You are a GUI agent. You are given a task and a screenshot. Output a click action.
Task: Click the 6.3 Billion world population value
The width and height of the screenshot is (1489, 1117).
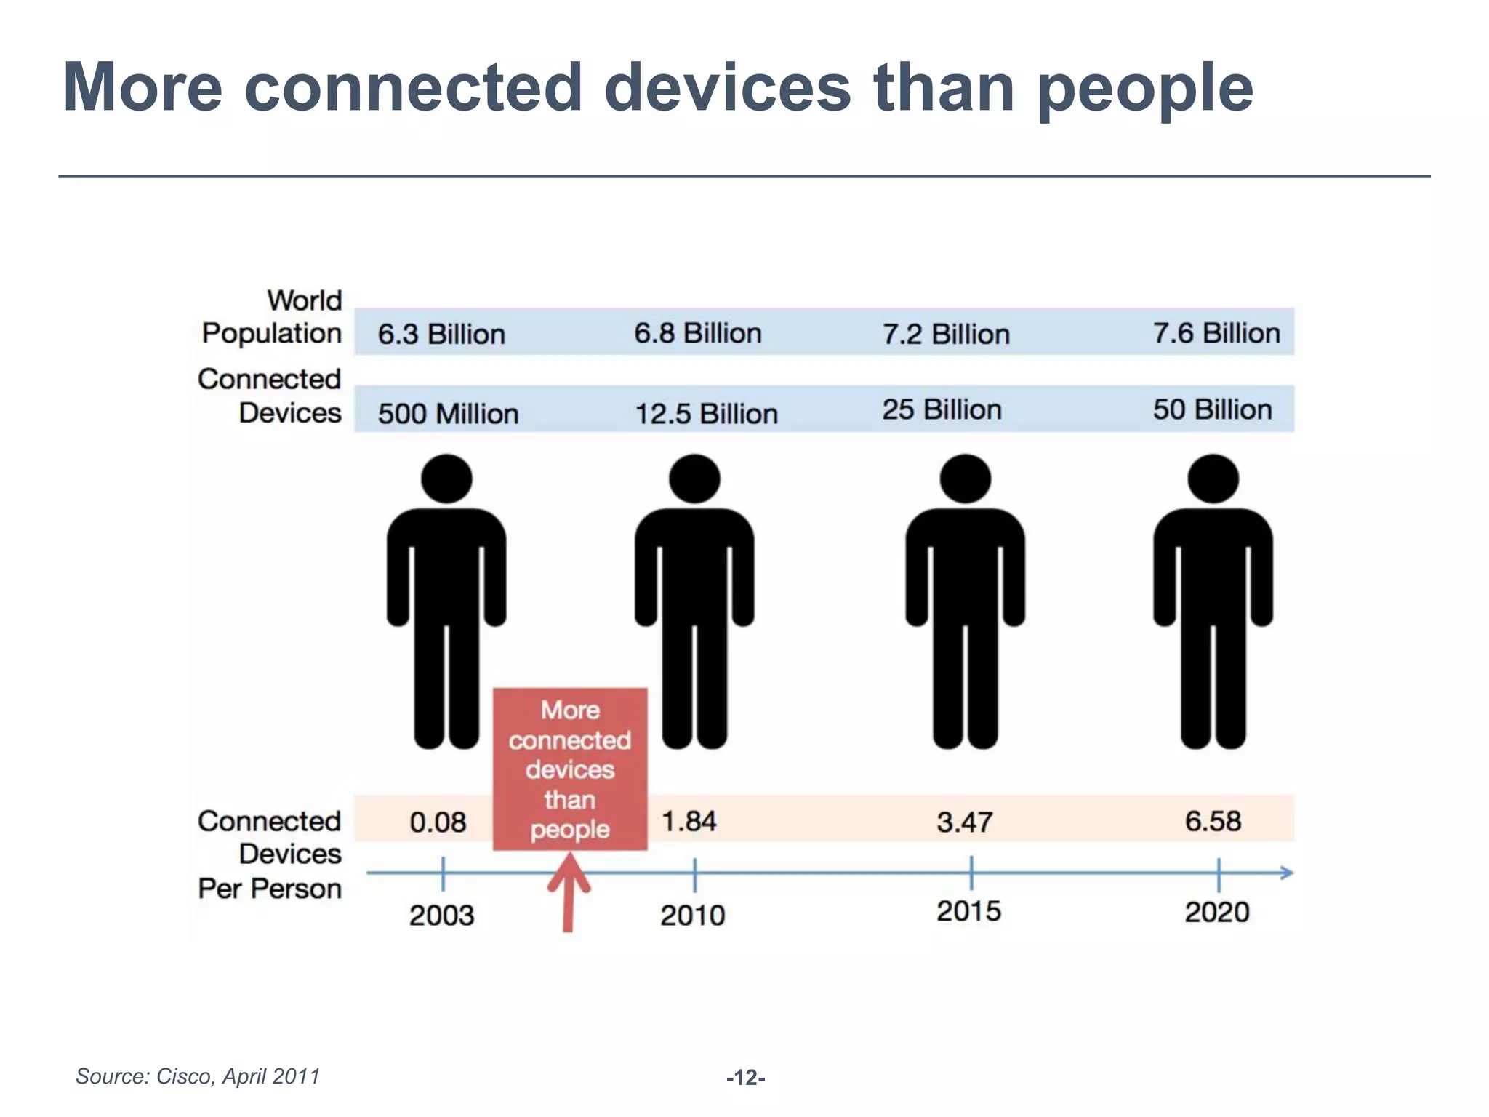tap(441, 335)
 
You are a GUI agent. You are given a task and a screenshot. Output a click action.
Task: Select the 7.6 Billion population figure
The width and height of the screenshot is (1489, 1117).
tap(1216, 333)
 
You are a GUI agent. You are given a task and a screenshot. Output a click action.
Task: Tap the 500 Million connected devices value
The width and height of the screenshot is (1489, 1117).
tap(448, 414)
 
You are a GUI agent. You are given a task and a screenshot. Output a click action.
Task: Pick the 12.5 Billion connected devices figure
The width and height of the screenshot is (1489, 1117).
tap(706, 414)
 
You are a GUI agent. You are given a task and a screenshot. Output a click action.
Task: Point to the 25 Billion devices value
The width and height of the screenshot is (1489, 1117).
tap(942, 409)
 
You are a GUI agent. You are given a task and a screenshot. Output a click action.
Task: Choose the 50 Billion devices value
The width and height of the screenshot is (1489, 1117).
tap(1212, 409)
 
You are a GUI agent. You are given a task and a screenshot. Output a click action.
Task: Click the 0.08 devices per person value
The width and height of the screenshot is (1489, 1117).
tap(438, 822)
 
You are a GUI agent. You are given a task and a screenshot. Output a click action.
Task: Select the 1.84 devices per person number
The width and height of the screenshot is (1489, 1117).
tap(689, 822)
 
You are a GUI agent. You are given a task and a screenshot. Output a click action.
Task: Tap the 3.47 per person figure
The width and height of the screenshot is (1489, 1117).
tap(964, 822)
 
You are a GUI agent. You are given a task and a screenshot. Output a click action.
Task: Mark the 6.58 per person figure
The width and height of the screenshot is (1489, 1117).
tap(1213, 822)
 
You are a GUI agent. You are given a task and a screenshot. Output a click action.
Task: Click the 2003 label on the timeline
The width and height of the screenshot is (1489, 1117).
tap(441, 916)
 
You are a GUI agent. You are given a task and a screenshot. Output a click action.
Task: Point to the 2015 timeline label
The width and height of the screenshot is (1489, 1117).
tap(968, 911)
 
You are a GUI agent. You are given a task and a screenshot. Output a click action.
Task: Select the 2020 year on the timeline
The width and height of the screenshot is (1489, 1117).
tap(1216, 912)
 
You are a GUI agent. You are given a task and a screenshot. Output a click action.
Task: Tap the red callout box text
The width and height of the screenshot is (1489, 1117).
tap(570, 769)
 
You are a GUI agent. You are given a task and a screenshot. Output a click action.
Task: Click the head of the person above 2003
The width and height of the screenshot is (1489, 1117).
tap(446, 479)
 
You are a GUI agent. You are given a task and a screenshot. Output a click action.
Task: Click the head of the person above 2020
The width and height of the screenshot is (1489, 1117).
tap(1213, 479)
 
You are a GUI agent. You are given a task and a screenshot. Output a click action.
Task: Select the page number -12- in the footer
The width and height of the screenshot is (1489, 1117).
tap(745, 1078)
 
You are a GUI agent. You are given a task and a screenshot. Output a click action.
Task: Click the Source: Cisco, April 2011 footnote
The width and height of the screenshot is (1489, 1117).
tap(198, 1076)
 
